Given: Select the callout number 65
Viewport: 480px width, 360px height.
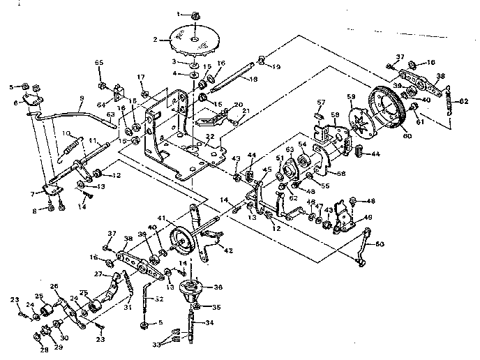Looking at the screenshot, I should (x=99, y=64).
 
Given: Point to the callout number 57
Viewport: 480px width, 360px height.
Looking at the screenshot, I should (x=322, y=102).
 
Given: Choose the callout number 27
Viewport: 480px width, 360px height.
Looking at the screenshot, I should (x=98, y=275).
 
